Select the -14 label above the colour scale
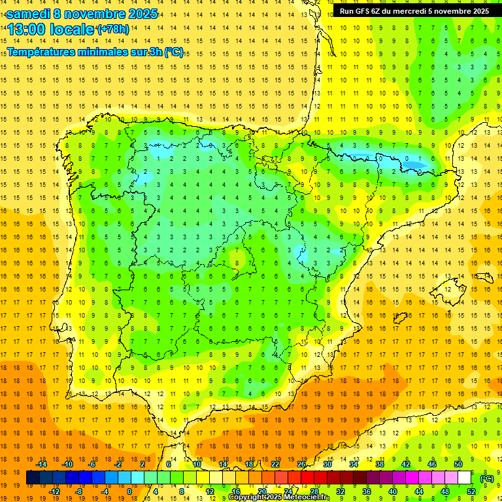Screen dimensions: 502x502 pyautogui.click(x=41, y=464)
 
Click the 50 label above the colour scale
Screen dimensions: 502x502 pyautogui.click(x=458, y=464)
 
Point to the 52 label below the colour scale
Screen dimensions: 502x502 pyautogui.click(x=471, y=491)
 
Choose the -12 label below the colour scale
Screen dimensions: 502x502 pyautogui.click(x=54, y=491)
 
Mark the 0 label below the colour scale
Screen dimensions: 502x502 pyautogui.click(x=130, y=491)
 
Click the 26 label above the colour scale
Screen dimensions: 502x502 pyautogui.click(x=301, y=464)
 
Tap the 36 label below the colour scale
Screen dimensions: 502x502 pyautogui.click(x=367, y=491)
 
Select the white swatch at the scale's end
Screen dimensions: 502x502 pyautogui.click(x=465, y=478)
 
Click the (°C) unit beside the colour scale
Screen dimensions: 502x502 pyautogui.click(x=487, y=478)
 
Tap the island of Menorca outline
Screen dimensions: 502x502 pyautogui.click(x=482, y=270)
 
